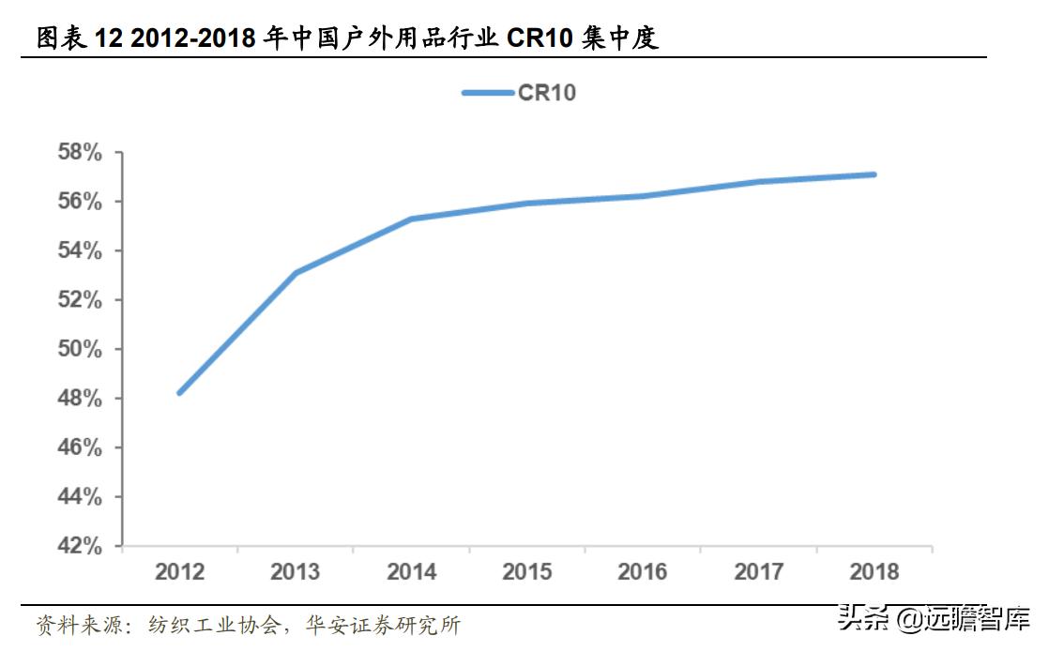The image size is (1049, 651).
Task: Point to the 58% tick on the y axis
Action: pyautogui.click(x=80, y=153)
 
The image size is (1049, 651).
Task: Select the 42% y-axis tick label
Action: pyautogui.click(x=80, y=545)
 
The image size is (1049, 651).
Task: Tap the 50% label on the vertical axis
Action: pyautogui.click(x=80, y=349)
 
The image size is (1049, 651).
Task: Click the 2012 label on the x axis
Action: pyautogui.click(x=179, y=571)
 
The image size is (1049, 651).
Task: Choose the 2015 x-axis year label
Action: pyautogui.click(x=526, y=571)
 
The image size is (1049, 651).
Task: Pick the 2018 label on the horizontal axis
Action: pyautogui.click(x=874, y=571)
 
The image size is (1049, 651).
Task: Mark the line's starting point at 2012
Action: pyautogui.click(x=179, y=392)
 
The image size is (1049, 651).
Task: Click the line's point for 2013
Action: pyautogui.click(x=296, y=273)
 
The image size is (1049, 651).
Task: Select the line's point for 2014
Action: pyautogui.click(x=411, y=219)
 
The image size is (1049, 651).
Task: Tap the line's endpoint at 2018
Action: pyautogui.click(x=874, y=174)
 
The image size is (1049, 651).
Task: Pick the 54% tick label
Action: pyautogui.click(x=80, y=250)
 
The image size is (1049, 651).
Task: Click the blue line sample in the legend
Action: pyautogui.click(x=486, y=92)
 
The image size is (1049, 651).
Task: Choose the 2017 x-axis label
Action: pyautogui.click(x=758, y=571)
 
